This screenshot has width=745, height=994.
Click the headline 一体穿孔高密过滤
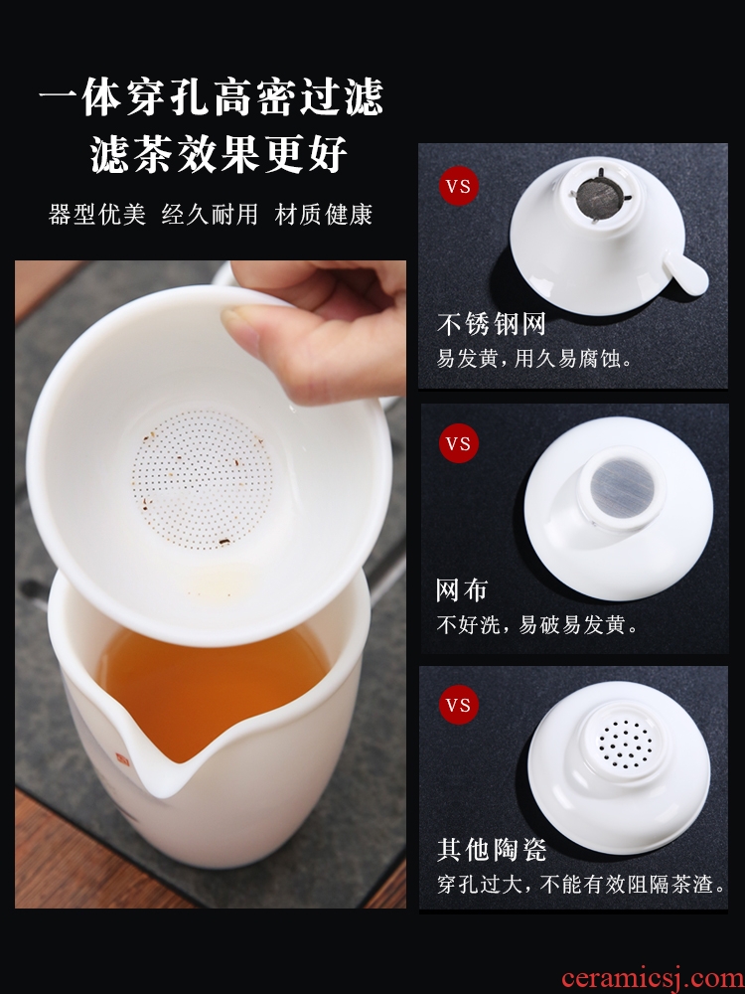[212, 97]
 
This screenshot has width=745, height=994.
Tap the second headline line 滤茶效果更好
[219, 154]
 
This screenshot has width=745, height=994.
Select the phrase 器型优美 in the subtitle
[97, 214]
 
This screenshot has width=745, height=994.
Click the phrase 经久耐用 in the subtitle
[210, 214]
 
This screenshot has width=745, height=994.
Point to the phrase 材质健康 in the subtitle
[323, 214]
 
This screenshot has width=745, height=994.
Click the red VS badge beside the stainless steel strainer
[459, 187]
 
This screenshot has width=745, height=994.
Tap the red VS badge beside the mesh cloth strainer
[459, 443]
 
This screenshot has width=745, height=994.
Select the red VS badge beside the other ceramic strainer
[459, 705]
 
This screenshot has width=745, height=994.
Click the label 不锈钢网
[492, 324]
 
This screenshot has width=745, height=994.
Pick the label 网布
[462, 590]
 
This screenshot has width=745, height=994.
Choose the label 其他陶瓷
[492, 850]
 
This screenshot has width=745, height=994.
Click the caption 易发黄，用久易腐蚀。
[535, 359]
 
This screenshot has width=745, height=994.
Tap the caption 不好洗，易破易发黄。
[537, 625]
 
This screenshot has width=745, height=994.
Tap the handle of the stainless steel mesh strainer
[684, 272]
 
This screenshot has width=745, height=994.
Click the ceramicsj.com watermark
[653, 977]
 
